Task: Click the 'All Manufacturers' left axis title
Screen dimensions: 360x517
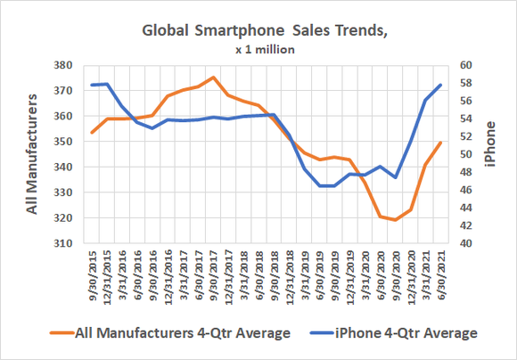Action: click(32, 153)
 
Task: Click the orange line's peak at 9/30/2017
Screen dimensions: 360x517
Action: click(213, 78)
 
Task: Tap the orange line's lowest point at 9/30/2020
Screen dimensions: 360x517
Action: click(395, 220)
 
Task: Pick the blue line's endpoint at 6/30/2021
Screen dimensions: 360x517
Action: click(440, 85)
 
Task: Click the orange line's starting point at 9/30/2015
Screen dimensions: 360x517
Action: click(92, 133)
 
